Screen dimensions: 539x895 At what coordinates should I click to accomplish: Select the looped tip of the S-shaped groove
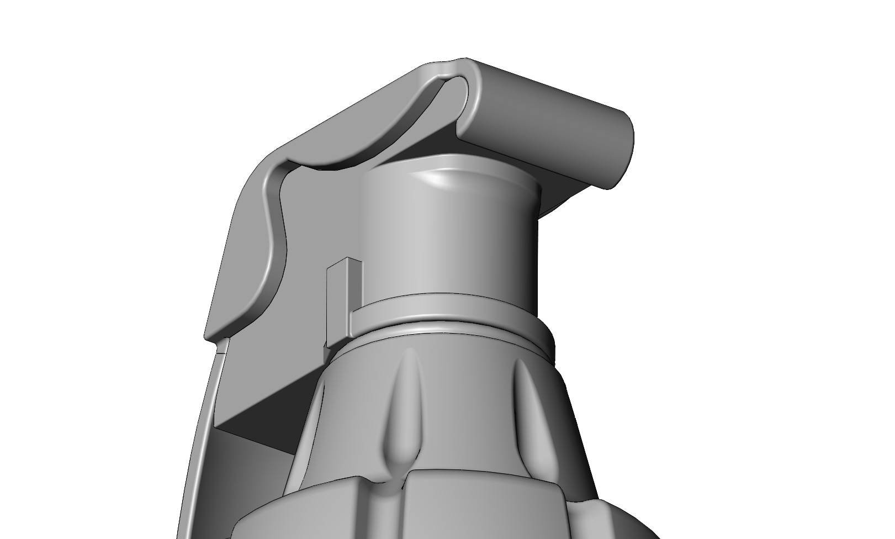458,91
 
